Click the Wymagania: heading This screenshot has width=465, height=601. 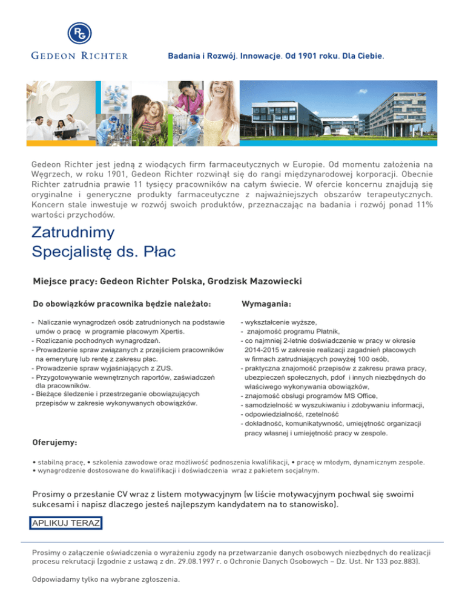tap(266, 302)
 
